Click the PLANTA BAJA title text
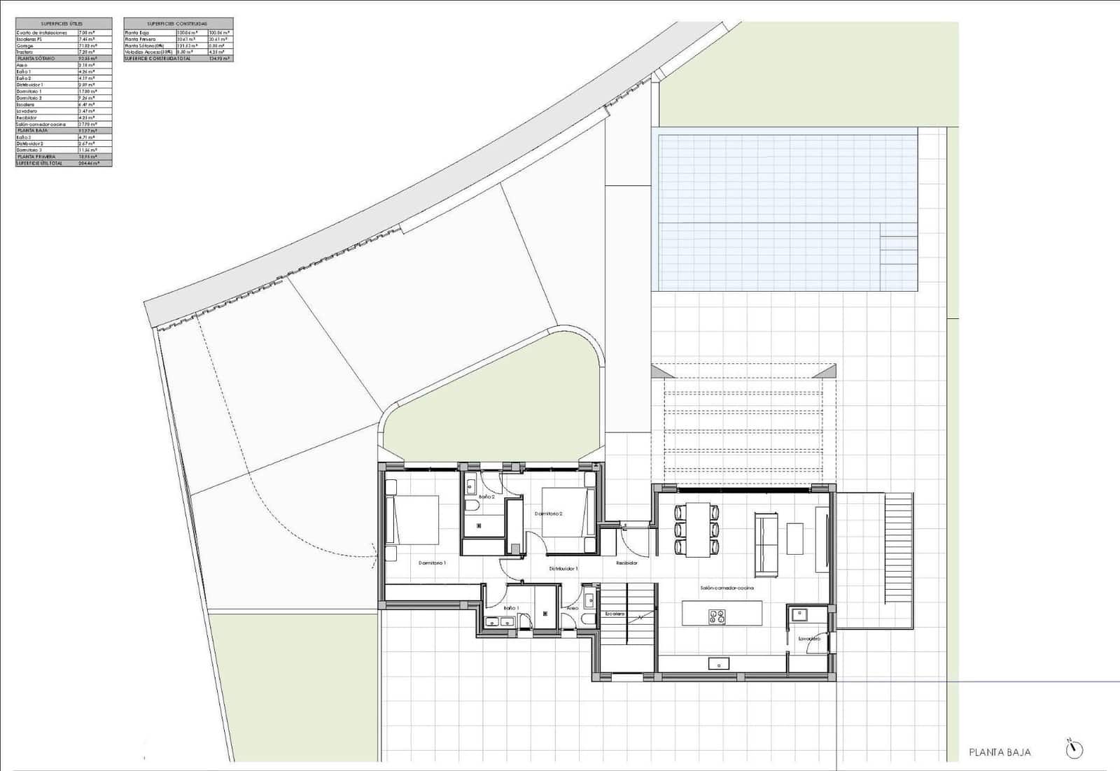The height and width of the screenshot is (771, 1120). [1000, 752]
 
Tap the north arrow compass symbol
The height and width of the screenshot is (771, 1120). [1074, 749]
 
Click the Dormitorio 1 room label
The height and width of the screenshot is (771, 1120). [432, 563]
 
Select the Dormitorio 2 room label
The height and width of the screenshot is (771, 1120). [549, 514]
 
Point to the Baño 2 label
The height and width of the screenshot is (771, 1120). [486, 497]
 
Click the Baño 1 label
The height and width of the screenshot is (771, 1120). [511, 608]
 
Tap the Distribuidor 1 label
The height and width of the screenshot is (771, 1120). [563, 569]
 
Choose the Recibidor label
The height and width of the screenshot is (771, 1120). [626, 563]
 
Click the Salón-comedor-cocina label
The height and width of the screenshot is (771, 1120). [727, 588]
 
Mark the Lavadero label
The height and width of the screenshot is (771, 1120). [808, 639]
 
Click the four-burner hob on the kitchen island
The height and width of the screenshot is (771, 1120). [717, 616]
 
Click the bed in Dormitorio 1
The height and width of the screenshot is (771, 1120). [414, 519]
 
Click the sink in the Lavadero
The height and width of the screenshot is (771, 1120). [798, 614]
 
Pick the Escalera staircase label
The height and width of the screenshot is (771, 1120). [615, 614]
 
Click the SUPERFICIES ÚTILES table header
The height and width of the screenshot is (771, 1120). [63, 24]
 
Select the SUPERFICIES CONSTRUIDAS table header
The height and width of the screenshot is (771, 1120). [178, 24]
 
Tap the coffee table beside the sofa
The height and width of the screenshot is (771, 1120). [795, 538]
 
